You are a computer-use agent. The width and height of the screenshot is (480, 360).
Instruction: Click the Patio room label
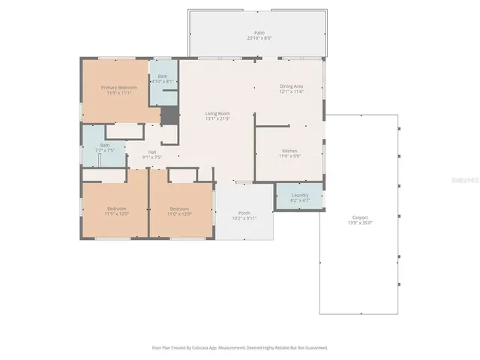pos(259,33)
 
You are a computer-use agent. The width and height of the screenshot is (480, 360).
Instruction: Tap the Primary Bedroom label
pos(119,87)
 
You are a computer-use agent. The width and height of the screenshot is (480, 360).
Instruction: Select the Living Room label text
pos(217,113)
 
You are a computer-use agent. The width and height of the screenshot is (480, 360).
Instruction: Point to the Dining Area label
pos(291,86)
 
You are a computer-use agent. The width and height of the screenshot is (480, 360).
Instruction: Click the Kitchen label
pos(290,150)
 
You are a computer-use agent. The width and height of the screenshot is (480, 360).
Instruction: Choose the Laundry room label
pos(299,196)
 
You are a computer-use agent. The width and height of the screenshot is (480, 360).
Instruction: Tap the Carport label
pos(360,217)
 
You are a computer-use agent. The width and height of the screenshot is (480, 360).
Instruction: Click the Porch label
pos(244,212)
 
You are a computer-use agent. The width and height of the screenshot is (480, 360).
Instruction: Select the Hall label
pos(152,152)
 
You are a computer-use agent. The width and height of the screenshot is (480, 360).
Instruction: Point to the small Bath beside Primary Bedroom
pos(163,77)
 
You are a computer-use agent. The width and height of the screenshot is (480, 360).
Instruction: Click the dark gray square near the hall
pos(170,116)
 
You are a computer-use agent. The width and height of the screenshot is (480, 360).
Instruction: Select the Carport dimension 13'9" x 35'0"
pos(360,223)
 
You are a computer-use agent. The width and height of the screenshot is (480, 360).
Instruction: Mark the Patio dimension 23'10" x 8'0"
pos(259,38)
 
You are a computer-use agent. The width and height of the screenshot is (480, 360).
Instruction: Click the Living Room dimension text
pos(217,118)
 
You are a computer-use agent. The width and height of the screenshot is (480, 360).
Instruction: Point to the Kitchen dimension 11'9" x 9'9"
pos(290,155)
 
